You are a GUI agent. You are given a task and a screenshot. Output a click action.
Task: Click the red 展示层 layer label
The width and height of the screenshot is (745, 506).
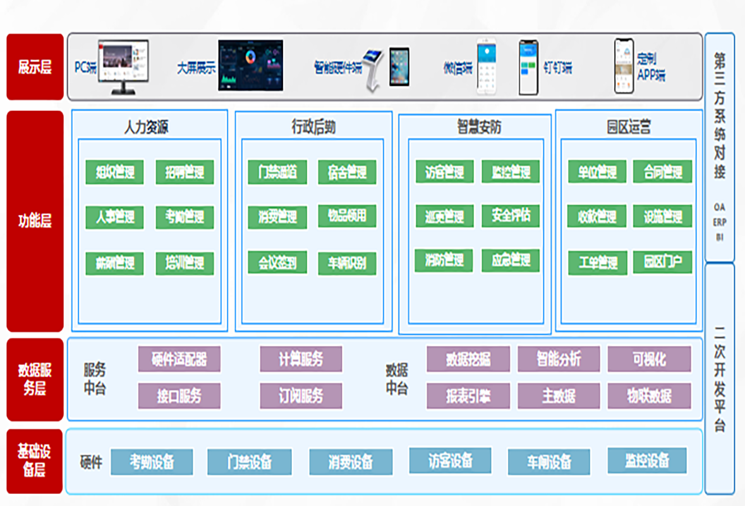tap(35, 67)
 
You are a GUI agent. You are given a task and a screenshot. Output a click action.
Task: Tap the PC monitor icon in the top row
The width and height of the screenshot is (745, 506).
tap(123, 66)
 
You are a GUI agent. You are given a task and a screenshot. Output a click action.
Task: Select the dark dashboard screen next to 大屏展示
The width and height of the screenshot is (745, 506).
tap(250, 65)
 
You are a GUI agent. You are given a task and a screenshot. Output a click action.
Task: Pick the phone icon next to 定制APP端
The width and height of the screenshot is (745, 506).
tap(623, 66)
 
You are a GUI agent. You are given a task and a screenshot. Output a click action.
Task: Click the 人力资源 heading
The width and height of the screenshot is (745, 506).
tap(146, 127)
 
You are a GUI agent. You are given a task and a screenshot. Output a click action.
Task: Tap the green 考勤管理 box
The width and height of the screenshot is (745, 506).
tap(185, 218)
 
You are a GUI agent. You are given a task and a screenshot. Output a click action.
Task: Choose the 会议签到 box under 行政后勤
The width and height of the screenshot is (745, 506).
tap(277, 262)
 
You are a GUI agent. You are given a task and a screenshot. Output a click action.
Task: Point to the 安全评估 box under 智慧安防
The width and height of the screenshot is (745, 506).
tap(511, 216)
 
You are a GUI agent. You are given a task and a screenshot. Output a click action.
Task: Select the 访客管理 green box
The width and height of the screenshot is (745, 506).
tap(444, 172)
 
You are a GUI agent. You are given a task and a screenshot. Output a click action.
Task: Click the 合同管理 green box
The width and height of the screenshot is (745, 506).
tap(662, 171)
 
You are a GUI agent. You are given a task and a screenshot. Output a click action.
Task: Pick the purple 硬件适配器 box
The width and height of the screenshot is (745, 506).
tap(179, 359)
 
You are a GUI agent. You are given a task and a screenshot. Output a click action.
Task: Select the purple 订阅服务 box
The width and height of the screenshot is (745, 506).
tap(301, 396)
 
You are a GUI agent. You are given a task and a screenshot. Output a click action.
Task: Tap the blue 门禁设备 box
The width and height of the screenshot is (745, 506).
tap(250, 462)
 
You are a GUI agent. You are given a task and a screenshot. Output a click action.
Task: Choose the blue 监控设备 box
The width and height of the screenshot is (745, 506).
tap(647, 460)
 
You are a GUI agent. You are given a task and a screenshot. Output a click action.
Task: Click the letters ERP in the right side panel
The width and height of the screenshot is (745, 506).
tap(720, 222)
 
